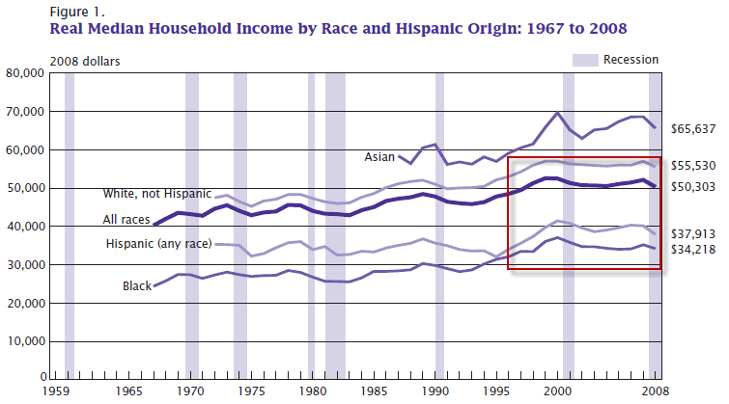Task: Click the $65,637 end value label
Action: click(x=695, y=128)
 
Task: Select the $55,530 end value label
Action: click(x=695, y=166)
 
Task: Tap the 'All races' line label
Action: click(x=126, y=220)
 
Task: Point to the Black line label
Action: click(x=136, y=286)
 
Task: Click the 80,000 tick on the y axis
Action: click(x=23, y=73)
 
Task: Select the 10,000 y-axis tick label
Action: click(x=23, y=341)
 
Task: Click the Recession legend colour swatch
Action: click(x=585, y=60)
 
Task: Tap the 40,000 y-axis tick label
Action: click(x=23, y=227)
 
